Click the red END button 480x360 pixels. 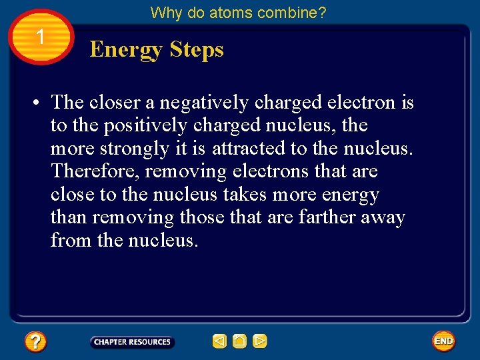[x=443, y=341]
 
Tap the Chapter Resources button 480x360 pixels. [x=132, y=342]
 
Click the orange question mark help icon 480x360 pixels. [x=35, y=342]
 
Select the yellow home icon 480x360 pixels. [x=239, y=342]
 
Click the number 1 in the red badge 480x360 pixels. [x=41, y=37]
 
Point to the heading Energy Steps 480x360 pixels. [x=157, y=49]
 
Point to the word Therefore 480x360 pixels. [x=95, y=171]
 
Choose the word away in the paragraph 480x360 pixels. [x=382, y=217]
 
